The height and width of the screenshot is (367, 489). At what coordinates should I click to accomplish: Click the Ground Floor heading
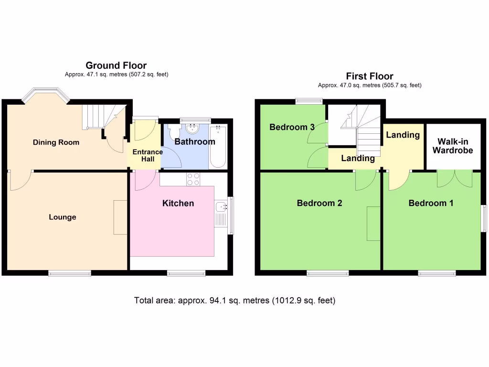tap(116, 65)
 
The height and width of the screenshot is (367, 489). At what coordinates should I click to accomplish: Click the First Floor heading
tap(370, 76)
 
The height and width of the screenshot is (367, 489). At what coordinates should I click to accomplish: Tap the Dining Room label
tap(56, 142)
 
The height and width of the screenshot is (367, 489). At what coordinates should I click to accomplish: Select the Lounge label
tap(63, 217)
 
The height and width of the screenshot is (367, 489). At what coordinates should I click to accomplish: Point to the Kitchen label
tap(178, 204)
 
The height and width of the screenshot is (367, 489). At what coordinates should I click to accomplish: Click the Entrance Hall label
tap(148, 155)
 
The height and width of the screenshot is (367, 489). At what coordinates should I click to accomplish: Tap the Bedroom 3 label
tap(292, 127)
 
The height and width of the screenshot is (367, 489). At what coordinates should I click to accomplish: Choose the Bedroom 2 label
tap(319, 203)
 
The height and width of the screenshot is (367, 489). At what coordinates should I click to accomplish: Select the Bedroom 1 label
tap(431, 203)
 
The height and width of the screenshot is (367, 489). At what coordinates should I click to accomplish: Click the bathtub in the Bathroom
tap(219, 146)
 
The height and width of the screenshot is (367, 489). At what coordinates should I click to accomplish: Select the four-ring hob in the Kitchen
tap(193, 179)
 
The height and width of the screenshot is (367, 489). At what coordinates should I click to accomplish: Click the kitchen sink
tap(221, 207)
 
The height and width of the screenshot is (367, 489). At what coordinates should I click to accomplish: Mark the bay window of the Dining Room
tap(46, 94)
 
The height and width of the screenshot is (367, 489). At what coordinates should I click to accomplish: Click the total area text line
tap(235, 301)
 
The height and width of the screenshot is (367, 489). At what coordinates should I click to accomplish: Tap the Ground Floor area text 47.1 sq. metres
tap(117, 75)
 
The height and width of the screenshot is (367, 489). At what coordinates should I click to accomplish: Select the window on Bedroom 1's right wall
tap(483, 219)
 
